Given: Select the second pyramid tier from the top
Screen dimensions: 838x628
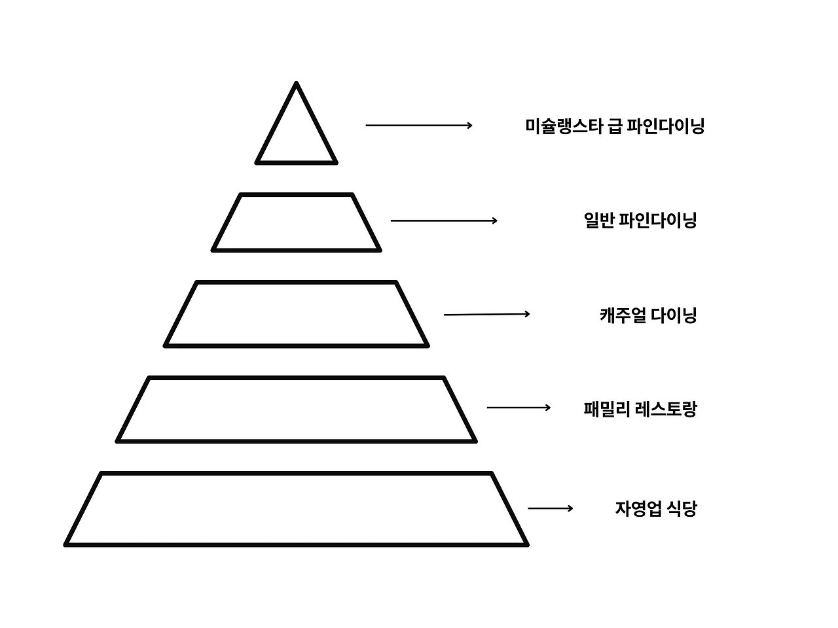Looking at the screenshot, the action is (x=297, y=222).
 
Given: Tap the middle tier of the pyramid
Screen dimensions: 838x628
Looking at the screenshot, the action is (x=297, y=314).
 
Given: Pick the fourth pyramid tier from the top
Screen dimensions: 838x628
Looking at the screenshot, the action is (x=297, y=410).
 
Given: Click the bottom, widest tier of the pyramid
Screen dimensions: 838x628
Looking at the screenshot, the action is (x=297, y=509).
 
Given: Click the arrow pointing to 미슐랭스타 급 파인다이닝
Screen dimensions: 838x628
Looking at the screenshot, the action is (x=418, y=125).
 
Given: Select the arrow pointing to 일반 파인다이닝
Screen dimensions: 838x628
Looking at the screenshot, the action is (x=443, y=220).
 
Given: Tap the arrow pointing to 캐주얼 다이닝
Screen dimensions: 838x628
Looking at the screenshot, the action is (x=486, y=315).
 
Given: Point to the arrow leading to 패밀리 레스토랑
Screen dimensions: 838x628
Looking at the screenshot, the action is (x=519, y=408).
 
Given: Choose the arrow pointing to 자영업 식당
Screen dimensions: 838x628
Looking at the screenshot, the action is (x=550, y=508).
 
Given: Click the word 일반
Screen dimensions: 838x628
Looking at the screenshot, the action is (x=598, y=220).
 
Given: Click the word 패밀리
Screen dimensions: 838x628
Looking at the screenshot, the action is (x=607, y=410).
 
